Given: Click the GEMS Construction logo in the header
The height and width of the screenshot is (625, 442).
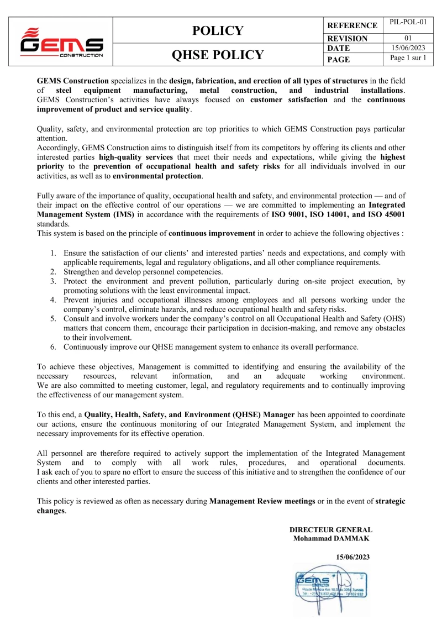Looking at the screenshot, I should (61, 43).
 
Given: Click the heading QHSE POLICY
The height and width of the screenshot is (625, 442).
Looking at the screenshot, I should (218, 55).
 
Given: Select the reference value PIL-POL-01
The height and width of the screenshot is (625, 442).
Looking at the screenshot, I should (408, 23).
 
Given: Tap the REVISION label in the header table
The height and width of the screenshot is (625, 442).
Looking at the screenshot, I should (348, 39).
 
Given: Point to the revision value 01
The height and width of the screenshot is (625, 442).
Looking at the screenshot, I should (408, 38).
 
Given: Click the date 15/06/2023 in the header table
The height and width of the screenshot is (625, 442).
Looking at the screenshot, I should (408, 49).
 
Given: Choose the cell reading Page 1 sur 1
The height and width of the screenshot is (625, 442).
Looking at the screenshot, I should (408, 58).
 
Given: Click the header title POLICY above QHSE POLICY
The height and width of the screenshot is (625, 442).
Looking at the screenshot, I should (218, 31).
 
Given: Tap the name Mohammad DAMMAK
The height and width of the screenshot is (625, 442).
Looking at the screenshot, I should (331, 538).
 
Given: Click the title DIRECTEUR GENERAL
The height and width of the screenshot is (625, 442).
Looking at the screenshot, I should (331, 529).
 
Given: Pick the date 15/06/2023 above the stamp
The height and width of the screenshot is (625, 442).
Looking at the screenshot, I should (352, 557).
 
